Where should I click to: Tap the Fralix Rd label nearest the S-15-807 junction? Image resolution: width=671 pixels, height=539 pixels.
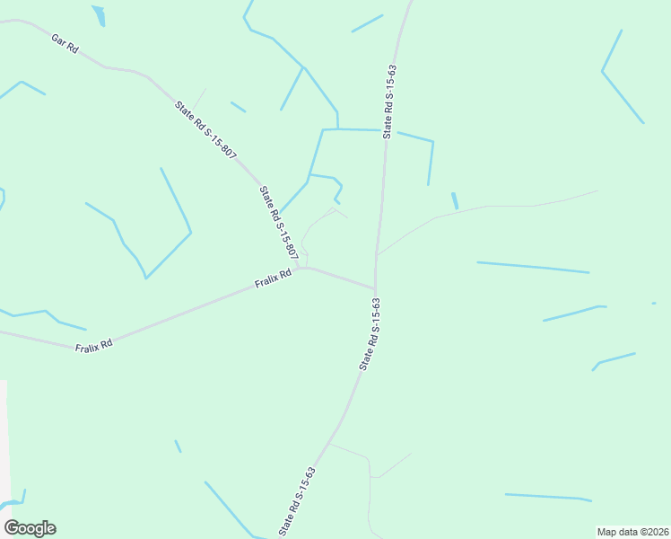point(274,279)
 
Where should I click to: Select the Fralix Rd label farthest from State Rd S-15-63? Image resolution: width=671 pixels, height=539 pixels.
point(94,344)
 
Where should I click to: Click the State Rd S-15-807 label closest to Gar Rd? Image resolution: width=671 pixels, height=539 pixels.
point(205,131)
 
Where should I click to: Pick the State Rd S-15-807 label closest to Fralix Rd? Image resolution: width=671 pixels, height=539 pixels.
point(278,223)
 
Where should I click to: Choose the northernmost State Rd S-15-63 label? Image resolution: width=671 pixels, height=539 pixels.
point(389,101)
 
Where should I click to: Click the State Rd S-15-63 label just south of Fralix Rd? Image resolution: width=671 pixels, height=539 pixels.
point(370,334)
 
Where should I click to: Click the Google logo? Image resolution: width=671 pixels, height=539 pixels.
point(30,528)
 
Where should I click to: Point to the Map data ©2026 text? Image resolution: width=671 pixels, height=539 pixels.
point(632,532)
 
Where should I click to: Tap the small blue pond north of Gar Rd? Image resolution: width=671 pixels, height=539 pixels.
point(98,15)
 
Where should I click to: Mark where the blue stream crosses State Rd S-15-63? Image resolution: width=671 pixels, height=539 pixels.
point(387,131)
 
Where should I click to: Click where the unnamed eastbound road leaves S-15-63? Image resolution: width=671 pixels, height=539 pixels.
point(379,254)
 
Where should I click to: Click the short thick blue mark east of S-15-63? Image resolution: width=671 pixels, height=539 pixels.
point(455,201)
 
